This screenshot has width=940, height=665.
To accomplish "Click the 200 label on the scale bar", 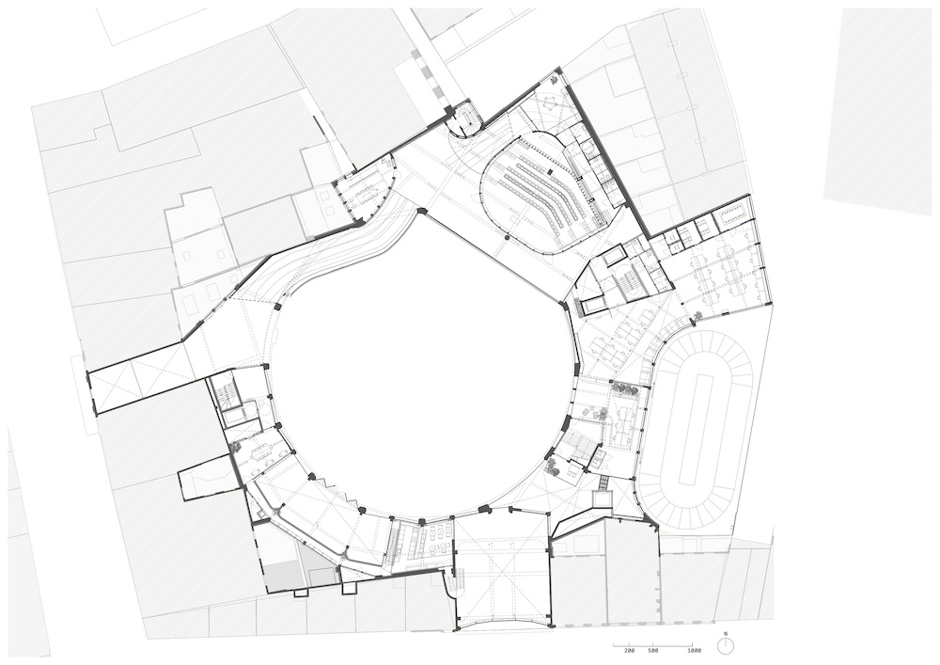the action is coord(629,650).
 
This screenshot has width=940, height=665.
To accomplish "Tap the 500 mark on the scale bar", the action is coord(653,650).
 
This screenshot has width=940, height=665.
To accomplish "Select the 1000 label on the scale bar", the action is coord(695,650).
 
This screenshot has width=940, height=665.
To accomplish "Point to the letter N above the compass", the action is coord(726,634).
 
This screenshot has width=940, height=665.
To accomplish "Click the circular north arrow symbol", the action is coord(726,646).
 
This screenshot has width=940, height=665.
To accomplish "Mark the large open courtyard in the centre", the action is coord(419,372).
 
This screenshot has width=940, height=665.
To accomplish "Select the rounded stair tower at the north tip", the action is coord(464,121).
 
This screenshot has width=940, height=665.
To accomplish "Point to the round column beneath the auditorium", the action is coord(508,238).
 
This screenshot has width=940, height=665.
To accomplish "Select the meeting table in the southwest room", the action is coord(261,451).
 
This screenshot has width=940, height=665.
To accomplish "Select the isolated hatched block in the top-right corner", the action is coord(880,112).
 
